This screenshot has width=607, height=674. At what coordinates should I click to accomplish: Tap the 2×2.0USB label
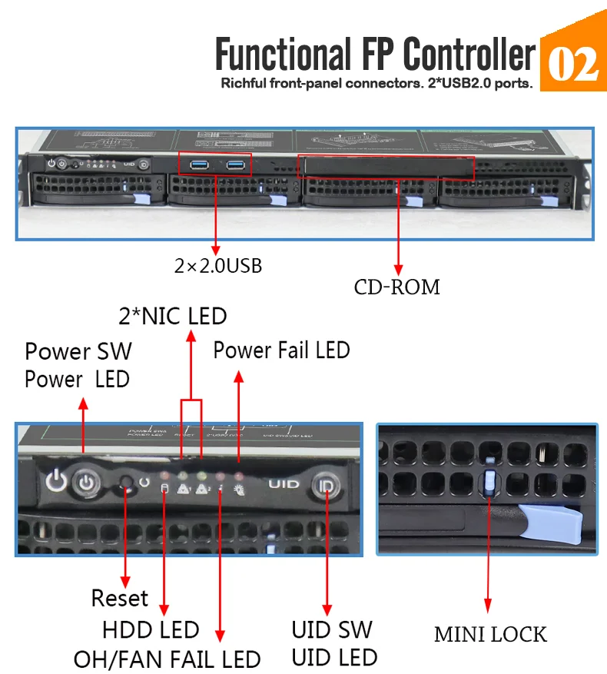(x=217, y=266)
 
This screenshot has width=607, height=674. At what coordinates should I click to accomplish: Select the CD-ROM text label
(x=396, y=287)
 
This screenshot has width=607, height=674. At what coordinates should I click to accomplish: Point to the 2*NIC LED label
(x=172, y=316)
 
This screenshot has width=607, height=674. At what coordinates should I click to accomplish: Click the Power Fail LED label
(x=281, y=350)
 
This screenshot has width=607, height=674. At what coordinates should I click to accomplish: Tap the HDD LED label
(x=151, y=629)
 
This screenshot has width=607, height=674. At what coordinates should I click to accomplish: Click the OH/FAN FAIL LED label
(x=167, y=659)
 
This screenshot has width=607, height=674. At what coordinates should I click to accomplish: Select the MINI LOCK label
(x=490, y=634)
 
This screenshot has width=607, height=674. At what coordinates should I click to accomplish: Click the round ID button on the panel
(x=327, y=486)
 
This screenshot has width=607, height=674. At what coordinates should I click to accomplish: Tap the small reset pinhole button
(x=127, y=483)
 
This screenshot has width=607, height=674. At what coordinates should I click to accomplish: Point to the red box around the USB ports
(x=215, y=163)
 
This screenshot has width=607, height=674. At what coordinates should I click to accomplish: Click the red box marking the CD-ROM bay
(x=386, y=167)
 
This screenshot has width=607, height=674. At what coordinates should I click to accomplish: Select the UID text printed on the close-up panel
(x=283, y=485)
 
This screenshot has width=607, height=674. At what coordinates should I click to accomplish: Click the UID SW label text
(x=332, y=629)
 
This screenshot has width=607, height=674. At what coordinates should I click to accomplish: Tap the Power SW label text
(x=78, y=351)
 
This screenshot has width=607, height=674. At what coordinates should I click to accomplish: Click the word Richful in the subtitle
(x=244, y=84)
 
